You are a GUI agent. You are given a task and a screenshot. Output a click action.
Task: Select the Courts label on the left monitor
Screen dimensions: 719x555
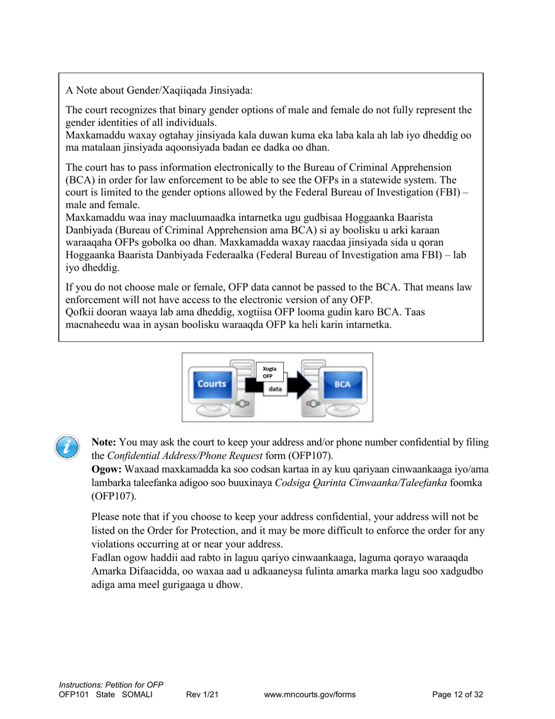pos(211,384)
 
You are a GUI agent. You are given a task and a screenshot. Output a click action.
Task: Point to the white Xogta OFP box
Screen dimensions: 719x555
pos(270,372)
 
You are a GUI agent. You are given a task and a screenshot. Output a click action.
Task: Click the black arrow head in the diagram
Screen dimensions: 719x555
pos(301,384)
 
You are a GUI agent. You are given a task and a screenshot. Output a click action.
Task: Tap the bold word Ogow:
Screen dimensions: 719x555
pos(106,470)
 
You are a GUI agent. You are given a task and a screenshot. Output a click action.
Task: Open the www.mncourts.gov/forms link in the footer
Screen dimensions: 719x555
pos(310,694)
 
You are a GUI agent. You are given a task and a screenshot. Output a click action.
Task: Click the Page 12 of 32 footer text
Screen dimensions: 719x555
pos(457,694)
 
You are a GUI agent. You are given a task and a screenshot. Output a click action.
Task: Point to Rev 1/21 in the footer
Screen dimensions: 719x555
pos(202,694)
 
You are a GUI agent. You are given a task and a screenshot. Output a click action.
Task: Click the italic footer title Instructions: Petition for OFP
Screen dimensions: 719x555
pos(110,685)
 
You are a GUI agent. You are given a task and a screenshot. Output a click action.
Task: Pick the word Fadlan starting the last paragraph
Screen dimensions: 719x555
pos(106,559)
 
